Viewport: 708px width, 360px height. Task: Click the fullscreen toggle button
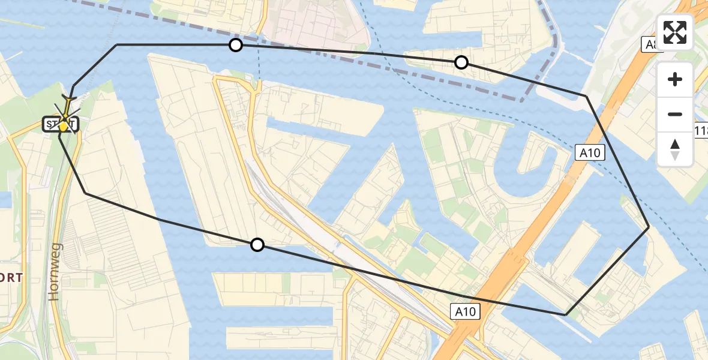675,32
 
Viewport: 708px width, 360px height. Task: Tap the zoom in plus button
675,80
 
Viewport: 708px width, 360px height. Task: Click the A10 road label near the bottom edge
465,311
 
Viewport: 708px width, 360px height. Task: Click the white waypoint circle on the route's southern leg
257,244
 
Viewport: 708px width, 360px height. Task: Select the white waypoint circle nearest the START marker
236,45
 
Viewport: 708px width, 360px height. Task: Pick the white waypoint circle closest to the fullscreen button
461,62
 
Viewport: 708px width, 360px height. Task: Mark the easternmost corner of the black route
649,227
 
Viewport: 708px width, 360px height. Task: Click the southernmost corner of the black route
566,314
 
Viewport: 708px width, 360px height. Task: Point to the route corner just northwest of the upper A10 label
586,96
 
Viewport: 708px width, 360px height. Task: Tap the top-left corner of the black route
117,44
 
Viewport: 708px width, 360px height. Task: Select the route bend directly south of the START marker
86,193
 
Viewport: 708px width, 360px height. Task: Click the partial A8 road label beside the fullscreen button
649,44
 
